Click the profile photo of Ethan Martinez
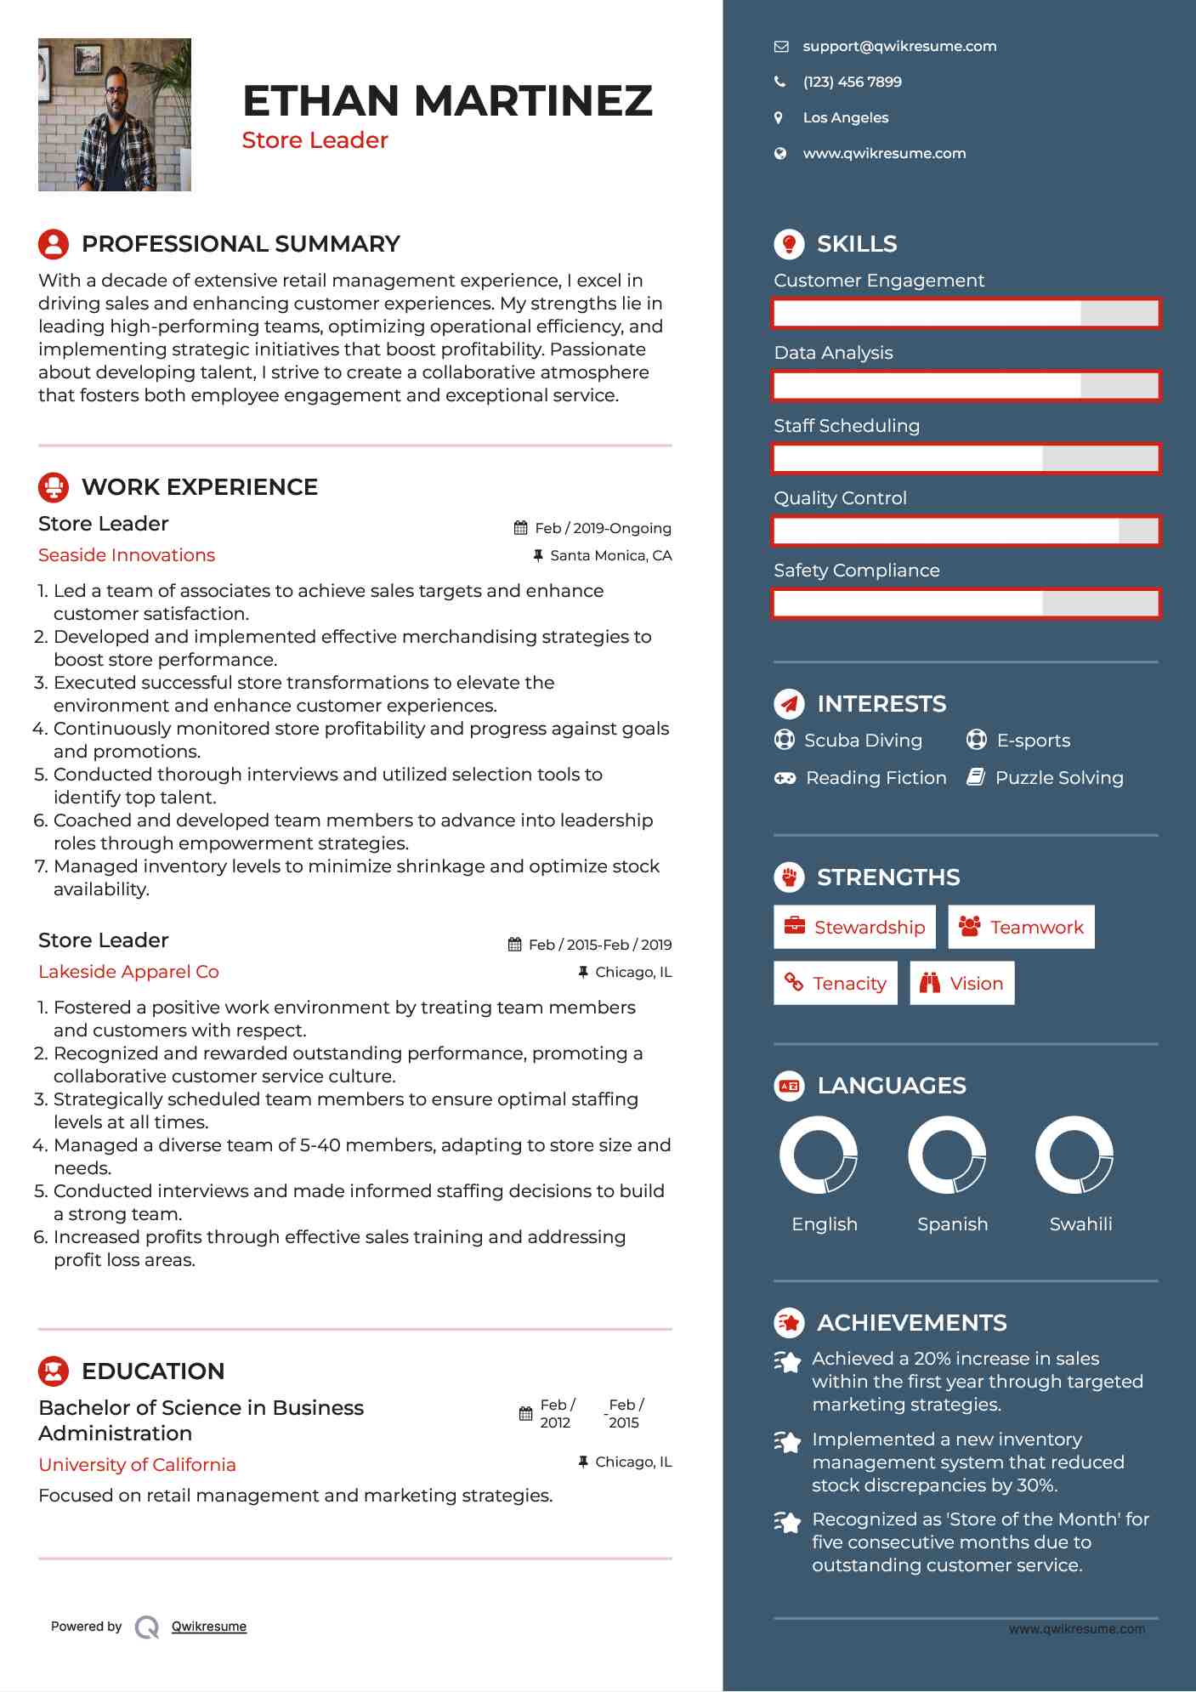(115, 115)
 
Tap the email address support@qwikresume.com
(899, 47)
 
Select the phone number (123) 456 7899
(852, 82)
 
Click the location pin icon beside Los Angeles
(779, 118)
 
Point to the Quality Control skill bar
(966, 531)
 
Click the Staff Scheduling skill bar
(966, 459)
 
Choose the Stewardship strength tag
(854, 928)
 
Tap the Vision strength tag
(961, 984)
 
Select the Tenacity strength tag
(835, 984)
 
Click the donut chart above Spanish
(947, 1155)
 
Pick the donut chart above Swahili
(1074, 1155)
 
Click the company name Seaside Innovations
(127, 555)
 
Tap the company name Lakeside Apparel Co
(128, 972)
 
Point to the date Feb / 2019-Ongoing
(603, 529)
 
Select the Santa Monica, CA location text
(610, 556)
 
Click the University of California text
(137, 1465)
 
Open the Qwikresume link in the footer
(209, 1627)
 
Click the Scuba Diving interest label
(863, 741)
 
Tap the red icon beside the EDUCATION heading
(54, 1371)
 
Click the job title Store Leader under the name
(315, 140)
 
